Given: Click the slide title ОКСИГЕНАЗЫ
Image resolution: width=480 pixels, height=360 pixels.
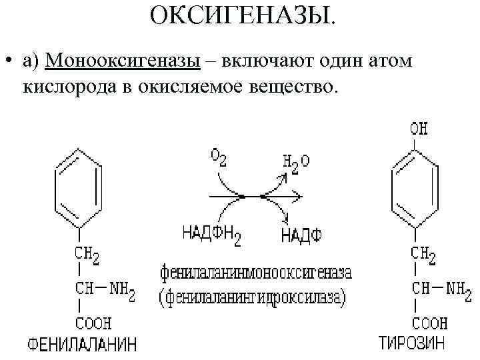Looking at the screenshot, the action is tap(244, 15).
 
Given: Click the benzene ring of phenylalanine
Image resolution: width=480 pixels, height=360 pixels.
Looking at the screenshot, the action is tap(79, 188).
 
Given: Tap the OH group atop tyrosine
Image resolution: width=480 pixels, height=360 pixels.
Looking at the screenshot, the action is tap(419, 127).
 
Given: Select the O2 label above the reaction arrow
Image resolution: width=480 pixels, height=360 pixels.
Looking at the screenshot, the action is tap(219, 157).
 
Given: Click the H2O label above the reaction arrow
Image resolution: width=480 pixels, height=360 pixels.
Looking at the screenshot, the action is tap(296, 160).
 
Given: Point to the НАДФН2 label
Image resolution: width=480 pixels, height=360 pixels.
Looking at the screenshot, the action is tap(211, 234).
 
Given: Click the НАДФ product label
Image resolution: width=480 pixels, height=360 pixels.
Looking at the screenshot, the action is tap(301, 235).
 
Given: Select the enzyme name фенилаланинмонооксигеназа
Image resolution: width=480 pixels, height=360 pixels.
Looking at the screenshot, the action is tap(255, 273).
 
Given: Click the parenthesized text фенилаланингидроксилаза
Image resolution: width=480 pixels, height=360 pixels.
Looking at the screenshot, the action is tap(253, 296).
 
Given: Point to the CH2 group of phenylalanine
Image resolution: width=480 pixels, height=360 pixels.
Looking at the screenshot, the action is tap(88, 254).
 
